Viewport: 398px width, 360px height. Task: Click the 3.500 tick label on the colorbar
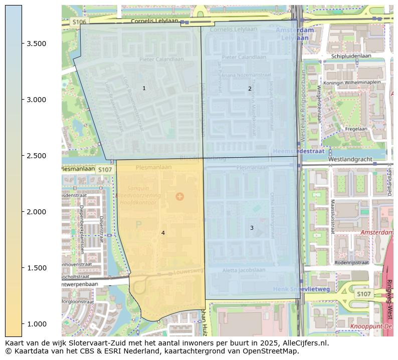click(x=36, y=44)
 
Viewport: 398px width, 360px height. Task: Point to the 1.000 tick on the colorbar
click(x=36, y=324)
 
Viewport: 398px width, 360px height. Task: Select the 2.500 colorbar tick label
click(x=36, y=156)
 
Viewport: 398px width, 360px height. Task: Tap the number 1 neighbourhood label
click(x=144, y=89)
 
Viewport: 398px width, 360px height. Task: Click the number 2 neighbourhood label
click(x=250, y=89)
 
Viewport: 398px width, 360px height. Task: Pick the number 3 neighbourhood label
click(x=252, y=228)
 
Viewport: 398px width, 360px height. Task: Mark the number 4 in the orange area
click(x=163, y=233)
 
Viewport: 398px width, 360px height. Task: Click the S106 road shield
click(x=79, y=22)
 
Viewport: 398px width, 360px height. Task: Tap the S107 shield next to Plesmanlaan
click(x=105, y=170)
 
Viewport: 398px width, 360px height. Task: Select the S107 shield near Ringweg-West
click(x=364, y=294)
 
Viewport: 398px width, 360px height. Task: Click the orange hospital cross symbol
click(x=180, y=196)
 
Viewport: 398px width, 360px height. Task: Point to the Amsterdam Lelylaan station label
click(x=295, y=34)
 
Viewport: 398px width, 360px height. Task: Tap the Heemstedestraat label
click(x=298, y=151)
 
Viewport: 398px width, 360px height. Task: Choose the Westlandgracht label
click(x=350, y=160)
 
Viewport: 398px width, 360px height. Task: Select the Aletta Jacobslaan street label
click(x=244, y=270)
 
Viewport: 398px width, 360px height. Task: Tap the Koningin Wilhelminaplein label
click(x=352, y=82)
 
